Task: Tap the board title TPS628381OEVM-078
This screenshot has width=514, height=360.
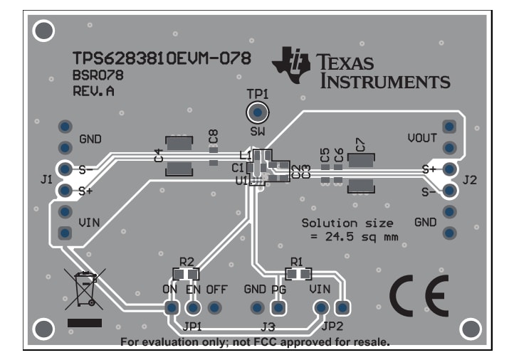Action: (161, 58)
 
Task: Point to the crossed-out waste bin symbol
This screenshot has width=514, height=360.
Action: (85, 287)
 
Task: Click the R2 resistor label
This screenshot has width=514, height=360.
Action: (186, 261)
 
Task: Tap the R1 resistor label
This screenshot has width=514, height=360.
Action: (297, 261)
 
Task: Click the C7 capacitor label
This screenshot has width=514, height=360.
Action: (360, 144)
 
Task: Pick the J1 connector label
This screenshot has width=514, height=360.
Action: (46, 180)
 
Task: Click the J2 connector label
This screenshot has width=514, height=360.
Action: (469, 180)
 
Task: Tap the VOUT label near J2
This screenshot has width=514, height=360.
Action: (421, 137)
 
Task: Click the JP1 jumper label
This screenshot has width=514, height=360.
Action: (192, 327)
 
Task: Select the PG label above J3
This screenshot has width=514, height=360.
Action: (278, 290)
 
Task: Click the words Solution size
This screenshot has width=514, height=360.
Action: (347, 223)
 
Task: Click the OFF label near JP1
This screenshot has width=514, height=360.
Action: (216, 290)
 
